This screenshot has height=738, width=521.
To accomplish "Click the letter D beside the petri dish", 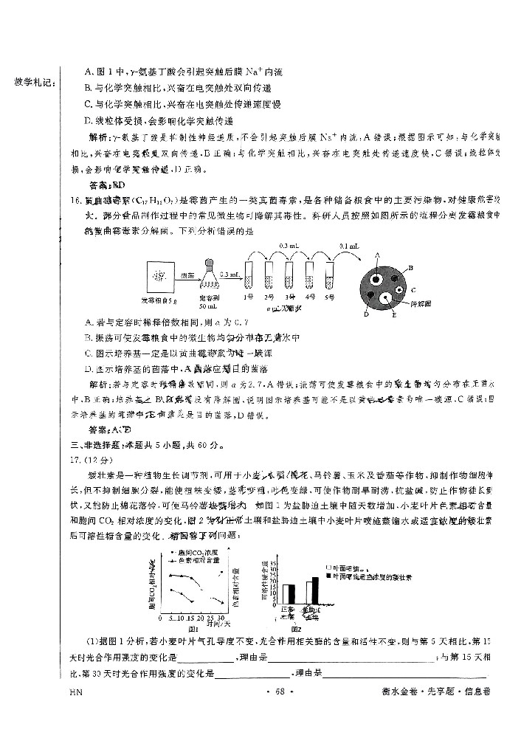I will tap(366, 314).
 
